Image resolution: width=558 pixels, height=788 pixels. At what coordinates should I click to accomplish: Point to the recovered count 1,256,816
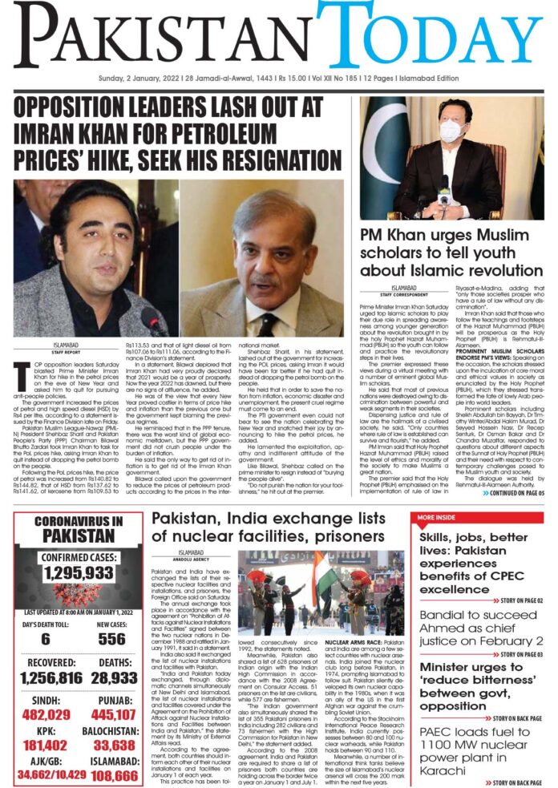point(46,678)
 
